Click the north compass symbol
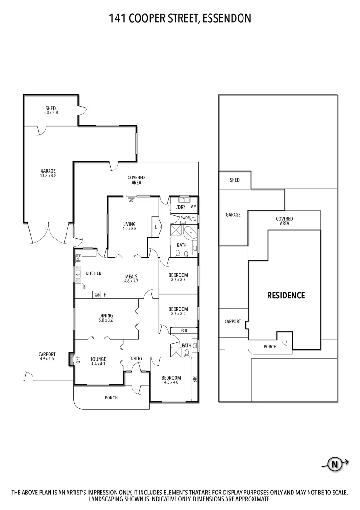pyautogui.click(x=335, y=464)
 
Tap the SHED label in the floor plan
pyautogui.click(x=50, y=108)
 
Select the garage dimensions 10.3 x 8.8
pyautogui.click(x=48, y=176)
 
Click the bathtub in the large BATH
pyautogui.click(x=190, y=233)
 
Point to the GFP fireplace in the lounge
pyautogui.click(x=72, y=359)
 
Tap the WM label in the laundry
pyautogui.click(x=193, y=207)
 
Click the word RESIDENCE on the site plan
pyautogui.click(x=286, y=296)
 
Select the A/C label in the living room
pyautogui.click(x=131, y=201)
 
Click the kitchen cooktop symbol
pyautogui.click(x=77, y=258)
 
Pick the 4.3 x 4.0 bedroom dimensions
pyautogui.click(x=171, y=382)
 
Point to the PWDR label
pyautogui.click(x=185, y=218)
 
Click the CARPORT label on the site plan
pyautogui.click(x=232, y=321)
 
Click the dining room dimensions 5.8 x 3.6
pyautogui.click(x=106, y=321)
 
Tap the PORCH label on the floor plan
pyautogui.click(x=111, y=398)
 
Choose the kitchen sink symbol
pyautogui.click(x=77, y=274)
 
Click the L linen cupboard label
pyautogui.click(x=156, y=227)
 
